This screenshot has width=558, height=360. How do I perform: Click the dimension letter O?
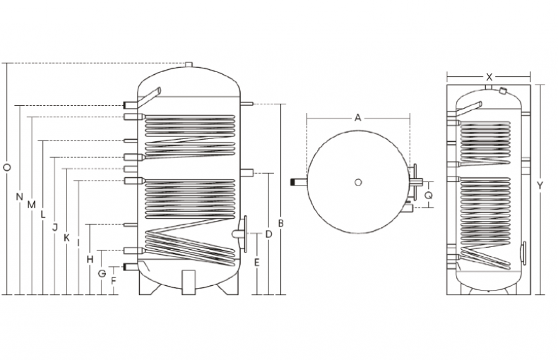[x=6, y=168]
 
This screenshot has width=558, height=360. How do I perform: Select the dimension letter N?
[x=19, y=196]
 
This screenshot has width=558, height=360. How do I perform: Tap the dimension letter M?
[x=31, y=204]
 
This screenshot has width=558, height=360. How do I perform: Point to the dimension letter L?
[x=43, y=213]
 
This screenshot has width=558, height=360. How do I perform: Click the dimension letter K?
[x=66, y=237]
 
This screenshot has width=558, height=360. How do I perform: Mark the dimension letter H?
[x=90, y=259]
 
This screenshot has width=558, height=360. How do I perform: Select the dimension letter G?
[x=102, y=272]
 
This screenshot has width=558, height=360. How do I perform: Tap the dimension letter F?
[x=114, y=280]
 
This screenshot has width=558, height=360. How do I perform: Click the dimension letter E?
[x=257, y=263]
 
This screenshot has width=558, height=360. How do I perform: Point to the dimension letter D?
[x=268, y=234]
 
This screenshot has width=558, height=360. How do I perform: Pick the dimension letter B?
[x=280, y=224]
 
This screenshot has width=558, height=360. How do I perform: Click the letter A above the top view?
[x=357, y=118]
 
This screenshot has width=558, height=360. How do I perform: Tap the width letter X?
[x=489, y=76]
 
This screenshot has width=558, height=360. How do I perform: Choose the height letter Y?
[x=540, y=185]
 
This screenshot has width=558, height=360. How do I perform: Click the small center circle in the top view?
[x=360, y=183]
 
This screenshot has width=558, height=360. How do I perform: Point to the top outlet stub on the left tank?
[x=188, y=66]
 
